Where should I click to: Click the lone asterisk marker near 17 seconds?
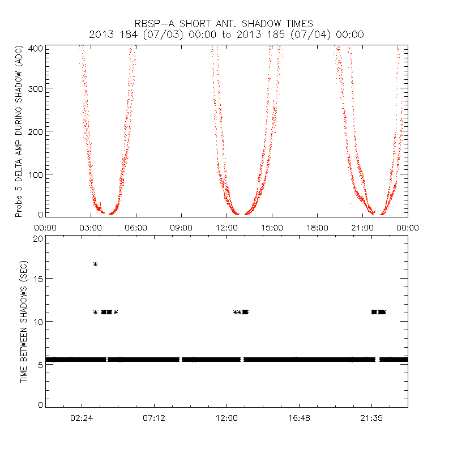point(95,264)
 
